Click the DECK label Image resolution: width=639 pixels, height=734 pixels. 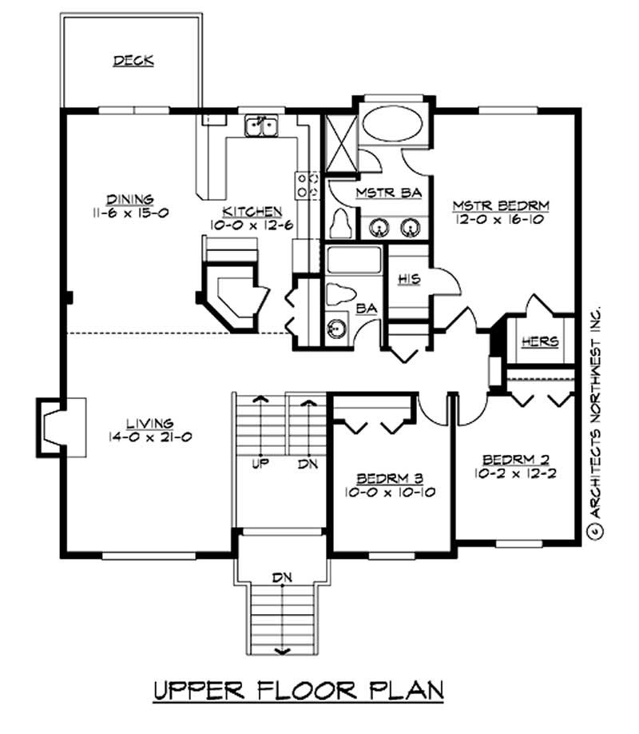tap(133, 61)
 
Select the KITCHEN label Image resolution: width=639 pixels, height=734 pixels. tap(252, 211)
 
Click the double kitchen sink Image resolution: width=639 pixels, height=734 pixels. tap(261, 126)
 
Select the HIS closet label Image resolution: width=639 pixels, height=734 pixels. tap(409, 278)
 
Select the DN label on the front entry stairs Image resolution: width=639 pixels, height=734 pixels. tap(280, 576)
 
